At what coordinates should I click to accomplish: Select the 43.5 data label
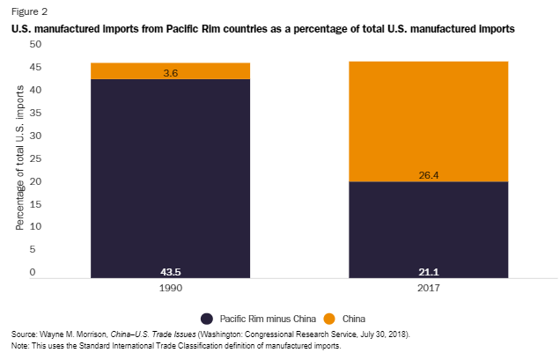point(172,272)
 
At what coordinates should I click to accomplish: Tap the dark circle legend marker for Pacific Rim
point(208,318)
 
